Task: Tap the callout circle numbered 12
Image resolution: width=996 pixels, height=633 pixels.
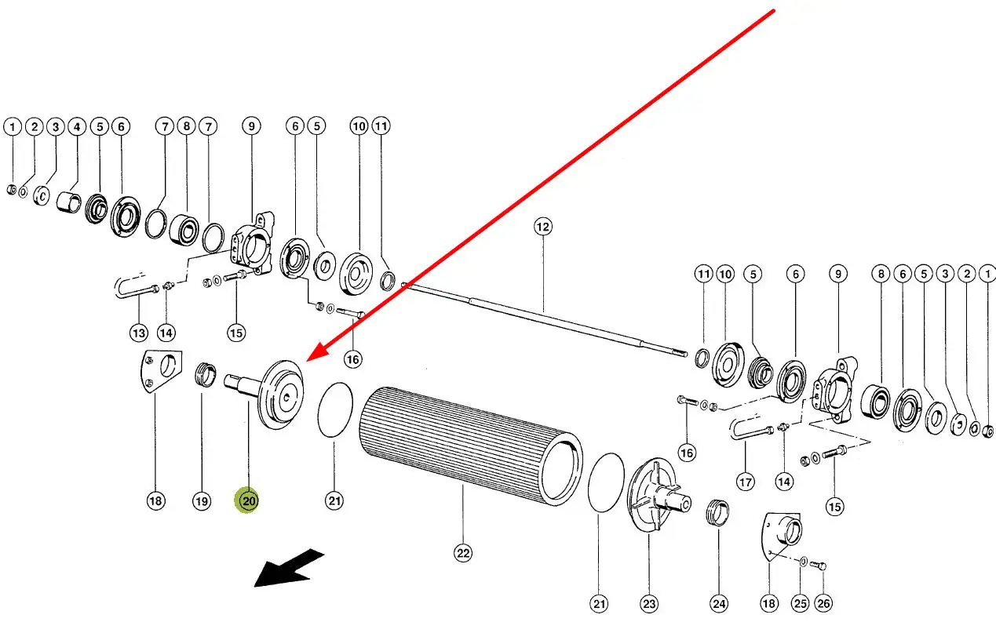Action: (x=543, y=227)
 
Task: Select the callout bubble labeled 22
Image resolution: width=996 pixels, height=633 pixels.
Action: (x=463, y=553)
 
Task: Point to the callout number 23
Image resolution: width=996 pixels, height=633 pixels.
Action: (x=649, y=604)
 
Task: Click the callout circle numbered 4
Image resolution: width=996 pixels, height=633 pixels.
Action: (x=77, y=127)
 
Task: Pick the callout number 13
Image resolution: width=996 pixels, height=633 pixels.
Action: (x=139, y=333)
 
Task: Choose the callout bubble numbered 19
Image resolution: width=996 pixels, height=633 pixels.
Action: (x=202, y=501)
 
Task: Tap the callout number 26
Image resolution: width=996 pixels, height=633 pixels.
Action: (x=823, y=603)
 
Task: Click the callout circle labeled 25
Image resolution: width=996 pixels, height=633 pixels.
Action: (x=801, y=603)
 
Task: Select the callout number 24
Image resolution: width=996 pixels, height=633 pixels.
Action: (x=719, y=604)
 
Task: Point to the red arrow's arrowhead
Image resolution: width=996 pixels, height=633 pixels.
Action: (x=316, y=354)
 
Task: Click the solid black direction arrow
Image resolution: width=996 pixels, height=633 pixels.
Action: (x=289, y=569)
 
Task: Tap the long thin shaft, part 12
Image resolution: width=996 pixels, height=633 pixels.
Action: (x=545, y=319)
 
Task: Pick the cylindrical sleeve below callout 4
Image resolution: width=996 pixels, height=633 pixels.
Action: (x=69, y=202)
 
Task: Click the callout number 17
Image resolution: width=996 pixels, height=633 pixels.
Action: (x=746, y=482)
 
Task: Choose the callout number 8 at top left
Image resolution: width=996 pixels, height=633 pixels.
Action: (x=186, y=126)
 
